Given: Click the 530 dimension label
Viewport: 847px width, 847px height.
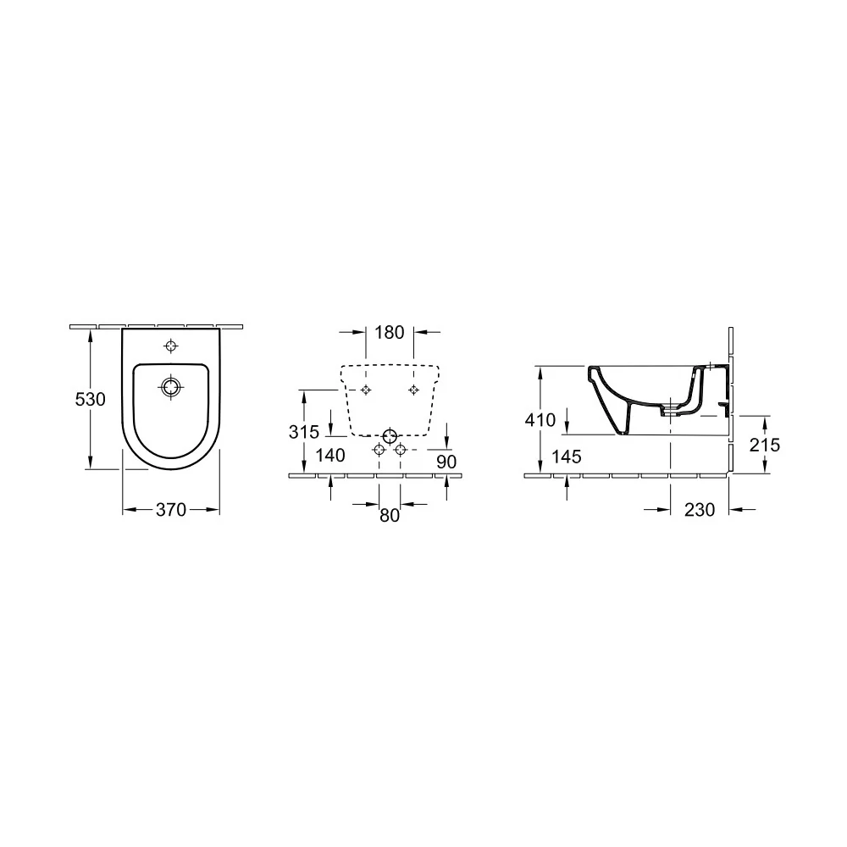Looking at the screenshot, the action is tap(91, 399).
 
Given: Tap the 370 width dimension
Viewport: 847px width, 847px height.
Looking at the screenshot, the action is tap(171, 509).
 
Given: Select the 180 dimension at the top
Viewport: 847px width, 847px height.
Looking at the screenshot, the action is tap(390, 332).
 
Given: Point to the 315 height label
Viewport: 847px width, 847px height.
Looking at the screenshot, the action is tap(304, 432).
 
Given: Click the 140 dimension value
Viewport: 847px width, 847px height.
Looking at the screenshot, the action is tap(330, 456).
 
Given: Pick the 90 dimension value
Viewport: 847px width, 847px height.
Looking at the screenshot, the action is tap(446, 462).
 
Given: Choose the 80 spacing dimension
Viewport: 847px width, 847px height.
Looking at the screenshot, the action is tap(390, 515).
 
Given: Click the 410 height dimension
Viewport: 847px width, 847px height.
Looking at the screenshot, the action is tap(540, 420).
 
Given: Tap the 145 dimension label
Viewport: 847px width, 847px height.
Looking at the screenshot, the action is tap(567, 457).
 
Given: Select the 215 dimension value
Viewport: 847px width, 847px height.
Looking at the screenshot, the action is tap(765, 445).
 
